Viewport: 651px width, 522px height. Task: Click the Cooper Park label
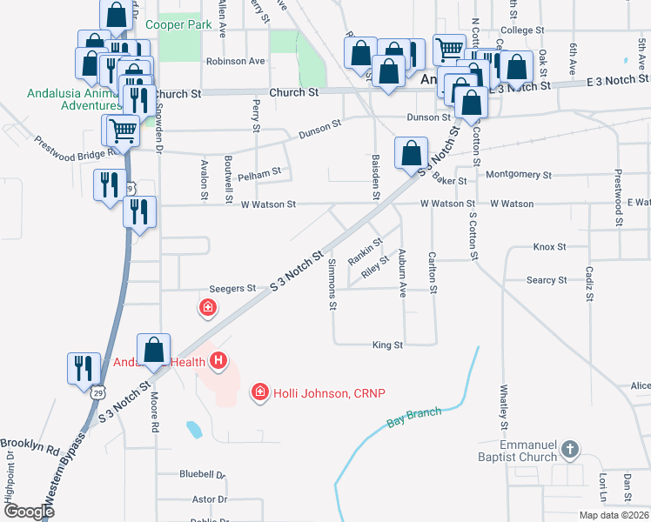coord(179,25)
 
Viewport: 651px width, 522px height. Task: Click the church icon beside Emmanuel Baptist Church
coord(569,449)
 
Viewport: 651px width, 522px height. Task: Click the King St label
coord(387,345)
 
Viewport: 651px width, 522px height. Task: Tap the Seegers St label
coord(232,288)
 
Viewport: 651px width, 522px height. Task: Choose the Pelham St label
coord(258,172)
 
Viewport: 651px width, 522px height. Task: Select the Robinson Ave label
coord(235,62)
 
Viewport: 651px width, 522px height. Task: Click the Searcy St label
coord(547,280)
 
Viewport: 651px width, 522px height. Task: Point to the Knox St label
coord(549,247)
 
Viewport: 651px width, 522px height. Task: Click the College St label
coord(522,30)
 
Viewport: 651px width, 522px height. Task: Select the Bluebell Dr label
coord(202,475)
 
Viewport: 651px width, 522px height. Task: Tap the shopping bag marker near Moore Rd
coord(154,350)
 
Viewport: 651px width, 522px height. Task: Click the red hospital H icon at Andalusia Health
coord(218,359)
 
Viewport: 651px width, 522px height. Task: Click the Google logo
coord(30,512)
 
